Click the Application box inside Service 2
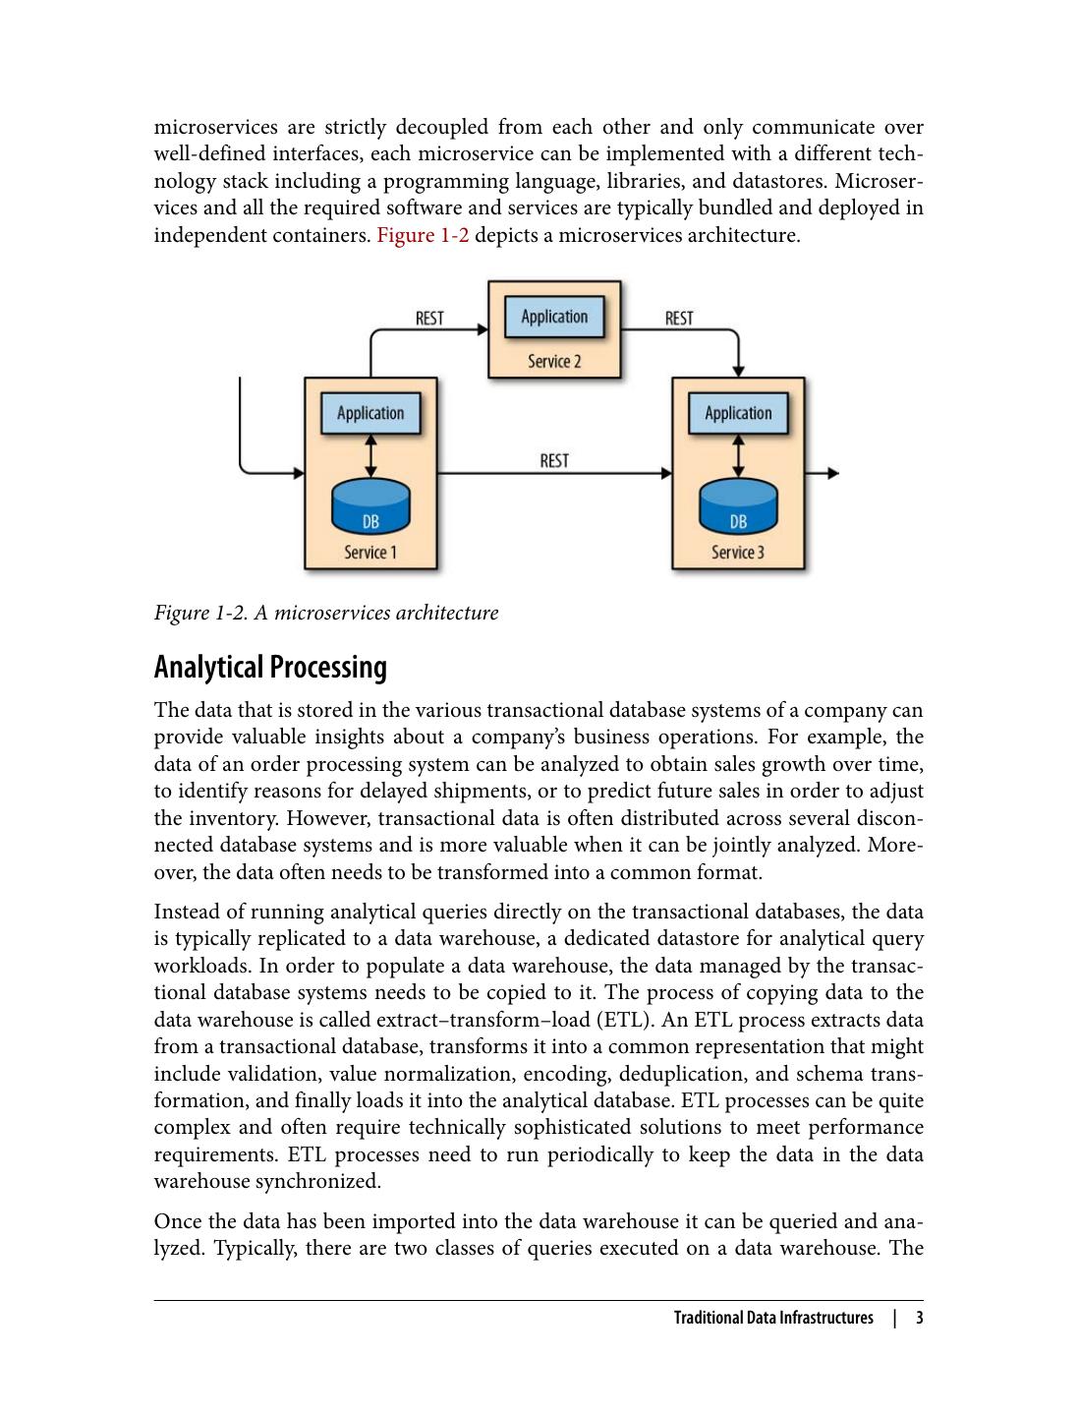tap(554, 317)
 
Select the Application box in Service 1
tap(370, 413)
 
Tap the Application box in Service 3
tap(738, 413)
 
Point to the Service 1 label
tap(370, 553)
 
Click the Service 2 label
tap(554, 361)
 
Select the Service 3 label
tap(738, 553)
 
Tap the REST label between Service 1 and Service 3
tap(554, 460)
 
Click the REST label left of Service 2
tap(429, 319)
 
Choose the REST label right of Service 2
tap(679, 319)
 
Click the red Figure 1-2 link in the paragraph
tap(423, 236)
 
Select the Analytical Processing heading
tap(270, 667)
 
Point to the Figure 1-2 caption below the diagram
tap(325, 613)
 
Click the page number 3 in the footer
tap(920, 1318)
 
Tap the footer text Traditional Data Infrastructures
tap(773, 1318)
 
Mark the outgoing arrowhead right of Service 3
tap(834, 473)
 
